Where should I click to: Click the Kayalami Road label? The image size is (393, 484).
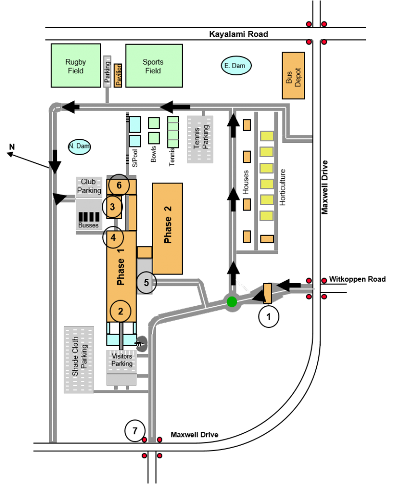pos(238,34)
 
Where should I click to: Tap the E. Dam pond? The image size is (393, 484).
pos(236,66)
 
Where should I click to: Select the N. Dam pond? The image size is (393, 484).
pos(79,146)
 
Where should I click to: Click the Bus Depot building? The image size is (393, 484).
pos(293,76)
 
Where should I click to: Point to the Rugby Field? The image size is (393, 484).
pos(76,66)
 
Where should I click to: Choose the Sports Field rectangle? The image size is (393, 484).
pos(154,66)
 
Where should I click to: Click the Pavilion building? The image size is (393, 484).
pos(118,75)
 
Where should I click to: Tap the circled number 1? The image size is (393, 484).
pos(268,317)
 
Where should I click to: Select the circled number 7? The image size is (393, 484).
pos(135,431)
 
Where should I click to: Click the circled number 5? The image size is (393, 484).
pos(146,282)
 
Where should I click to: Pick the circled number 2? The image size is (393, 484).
pos(120,311)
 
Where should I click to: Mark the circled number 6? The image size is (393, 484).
pos(119,185)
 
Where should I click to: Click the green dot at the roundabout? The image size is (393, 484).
pos(232,302)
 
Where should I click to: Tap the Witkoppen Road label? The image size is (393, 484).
pos(357,279)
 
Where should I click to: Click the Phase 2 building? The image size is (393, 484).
pos(167,228)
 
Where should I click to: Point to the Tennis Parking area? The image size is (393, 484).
pos(200,139)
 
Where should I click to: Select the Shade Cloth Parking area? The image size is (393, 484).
pos(79,360)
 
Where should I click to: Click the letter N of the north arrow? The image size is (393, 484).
pos(12,146)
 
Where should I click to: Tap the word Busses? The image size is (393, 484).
pos(88,225)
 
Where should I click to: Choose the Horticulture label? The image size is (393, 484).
pos(282,187)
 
